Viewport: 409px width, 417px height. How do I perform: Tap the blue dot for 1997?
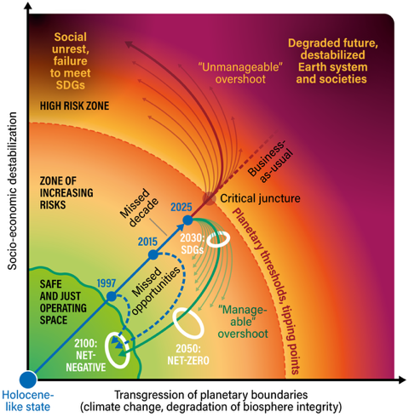[x=111, y=296]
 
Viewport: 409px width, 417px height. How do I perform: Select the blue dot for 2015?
[x=153, y=254]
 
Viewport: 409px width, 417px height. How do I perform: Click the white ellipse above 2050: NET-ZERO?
[x=188, y=323]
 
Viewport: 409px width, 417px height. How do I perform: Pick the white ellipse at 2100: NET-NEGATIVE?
[x=119, y=346]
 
